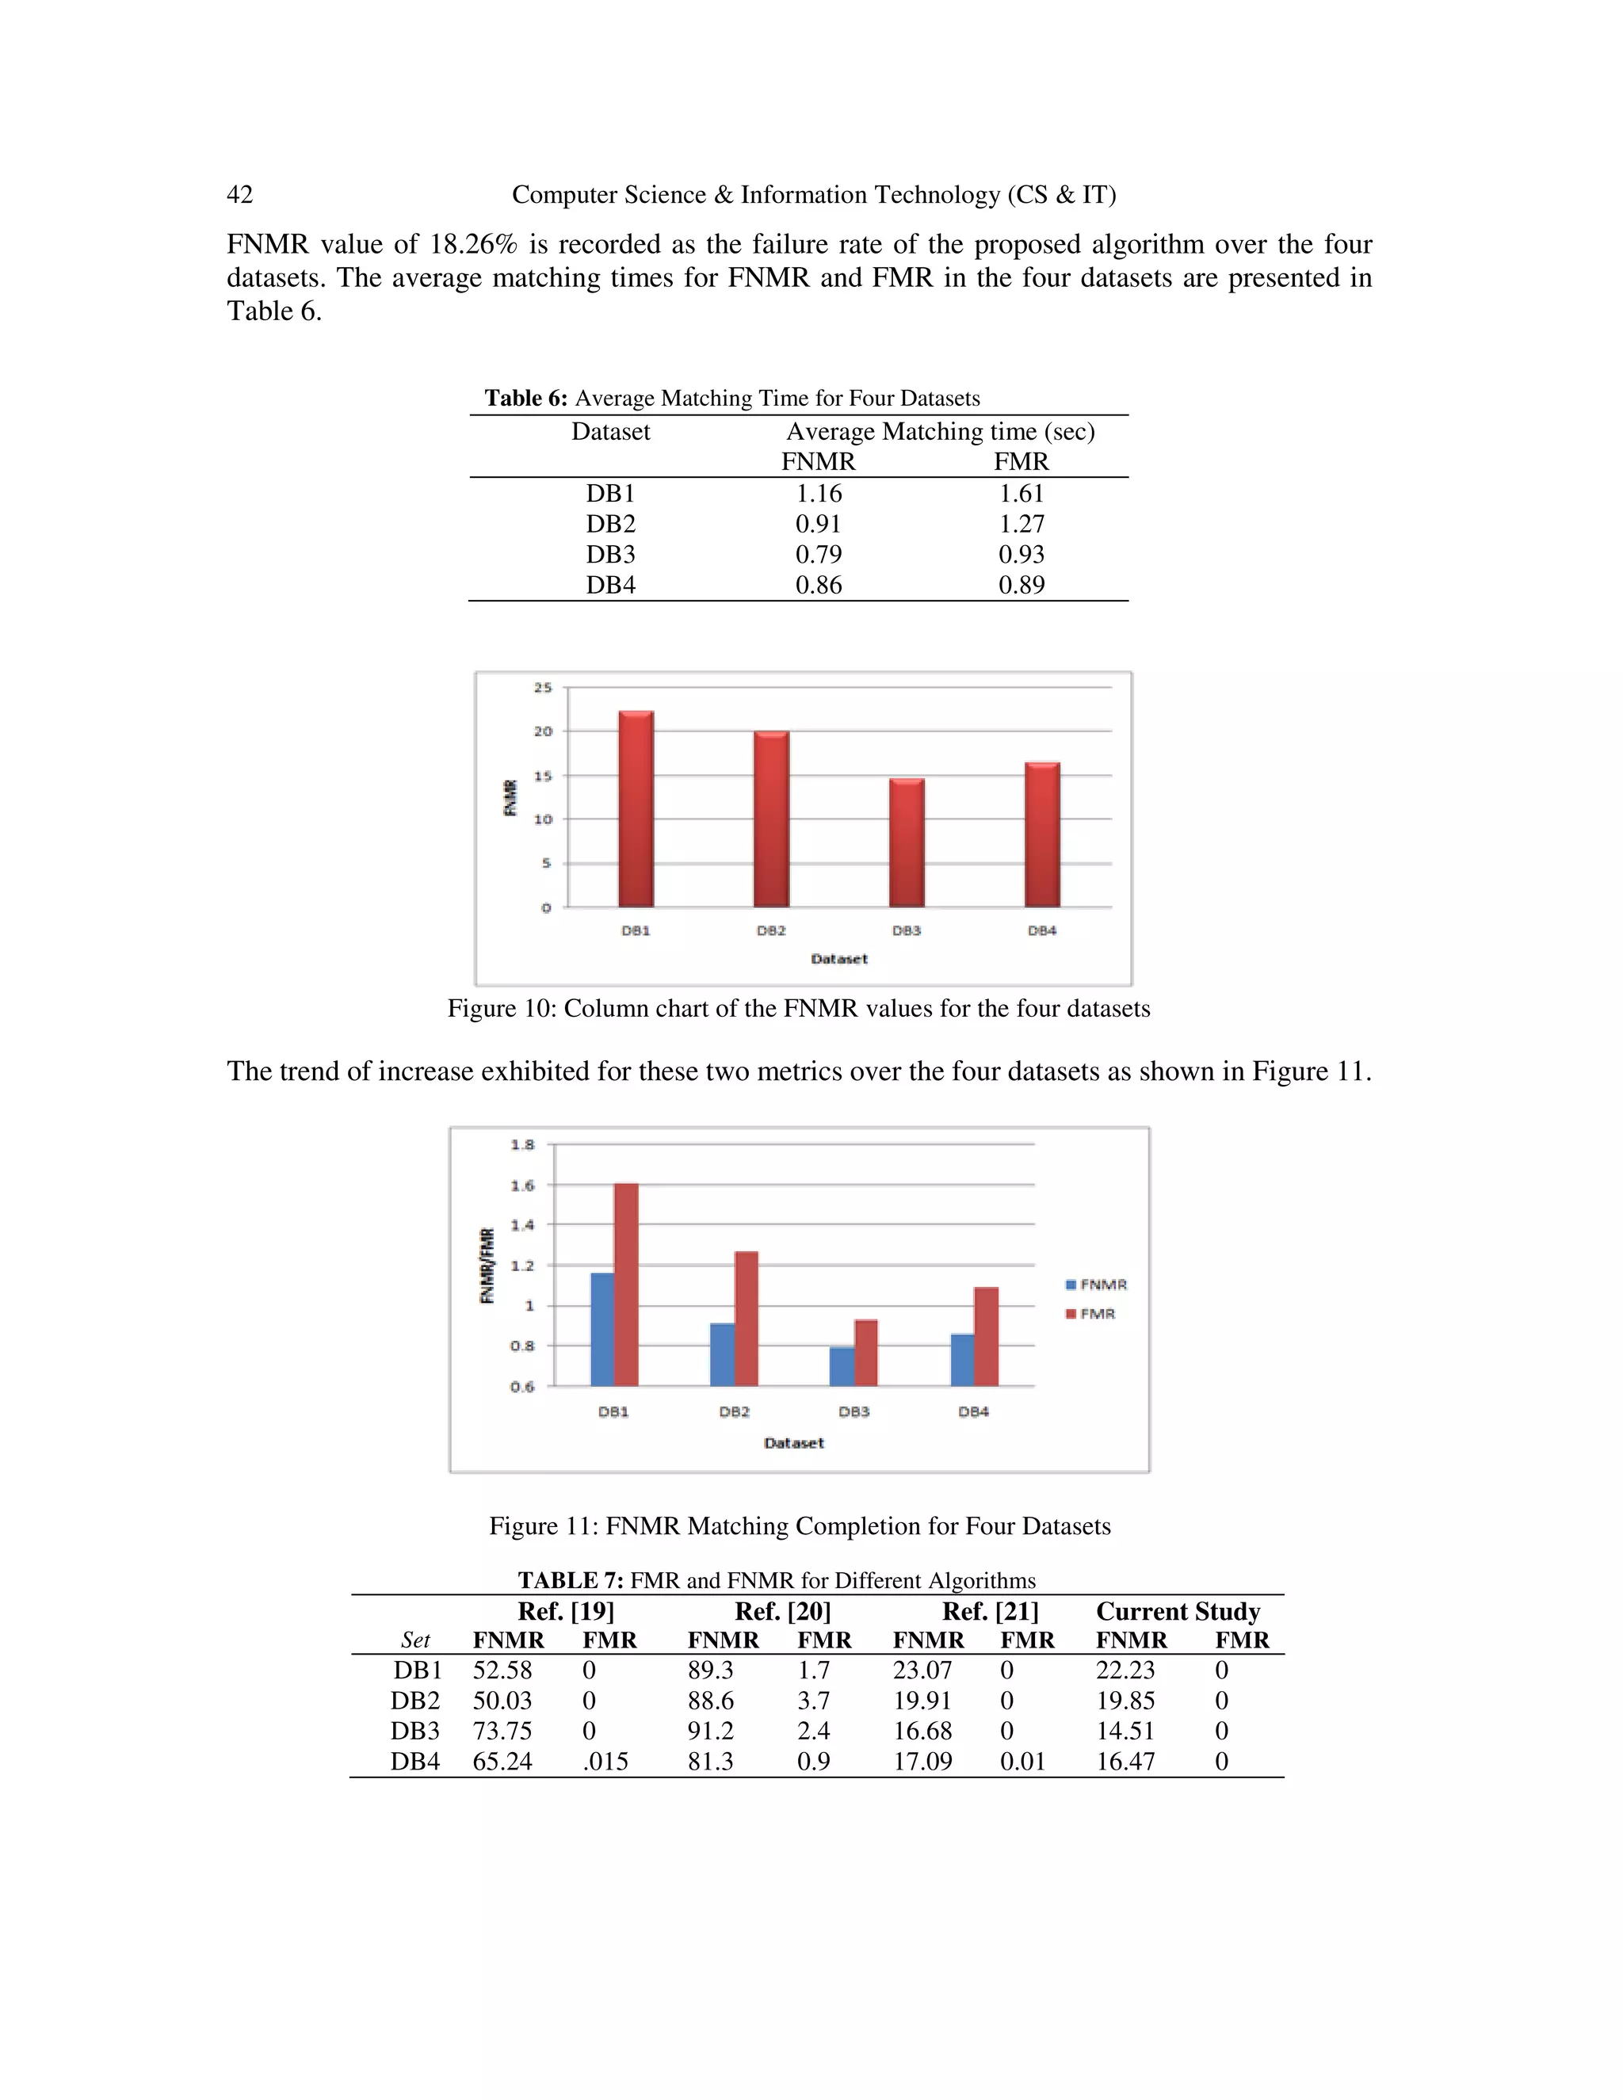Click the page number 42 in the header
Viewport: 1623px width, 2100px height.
239,195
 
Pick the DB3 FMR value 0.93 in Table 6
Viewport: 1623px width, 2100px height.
1021,554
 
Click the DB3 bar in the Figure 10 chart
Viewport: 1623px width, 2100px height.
907,842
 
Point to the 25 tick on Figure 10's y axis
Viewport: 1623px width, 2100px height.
543,688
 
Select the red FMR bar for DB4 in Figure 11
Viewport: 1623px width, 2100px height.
987,1337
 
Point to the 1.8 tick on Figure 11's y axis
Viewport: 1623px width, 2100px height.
522,1144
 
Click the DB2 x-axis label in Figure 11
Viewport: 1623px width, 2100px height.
734,1411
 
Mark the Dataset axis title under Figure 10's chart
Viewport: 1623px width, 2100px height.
838,959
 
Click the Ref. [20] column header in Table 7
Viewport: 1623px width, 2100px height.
783,1612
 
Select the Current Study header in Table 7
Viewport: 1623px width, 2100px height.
1178,1612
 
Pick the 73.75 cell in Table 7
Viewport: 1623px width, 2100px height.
502,1731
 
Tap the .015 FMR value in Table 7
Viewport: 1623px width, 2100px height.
605,1762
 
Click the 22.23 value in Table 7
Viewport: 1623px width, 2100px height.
1125,1670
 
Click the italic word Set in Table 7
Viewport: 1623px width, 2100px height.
415,1640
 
